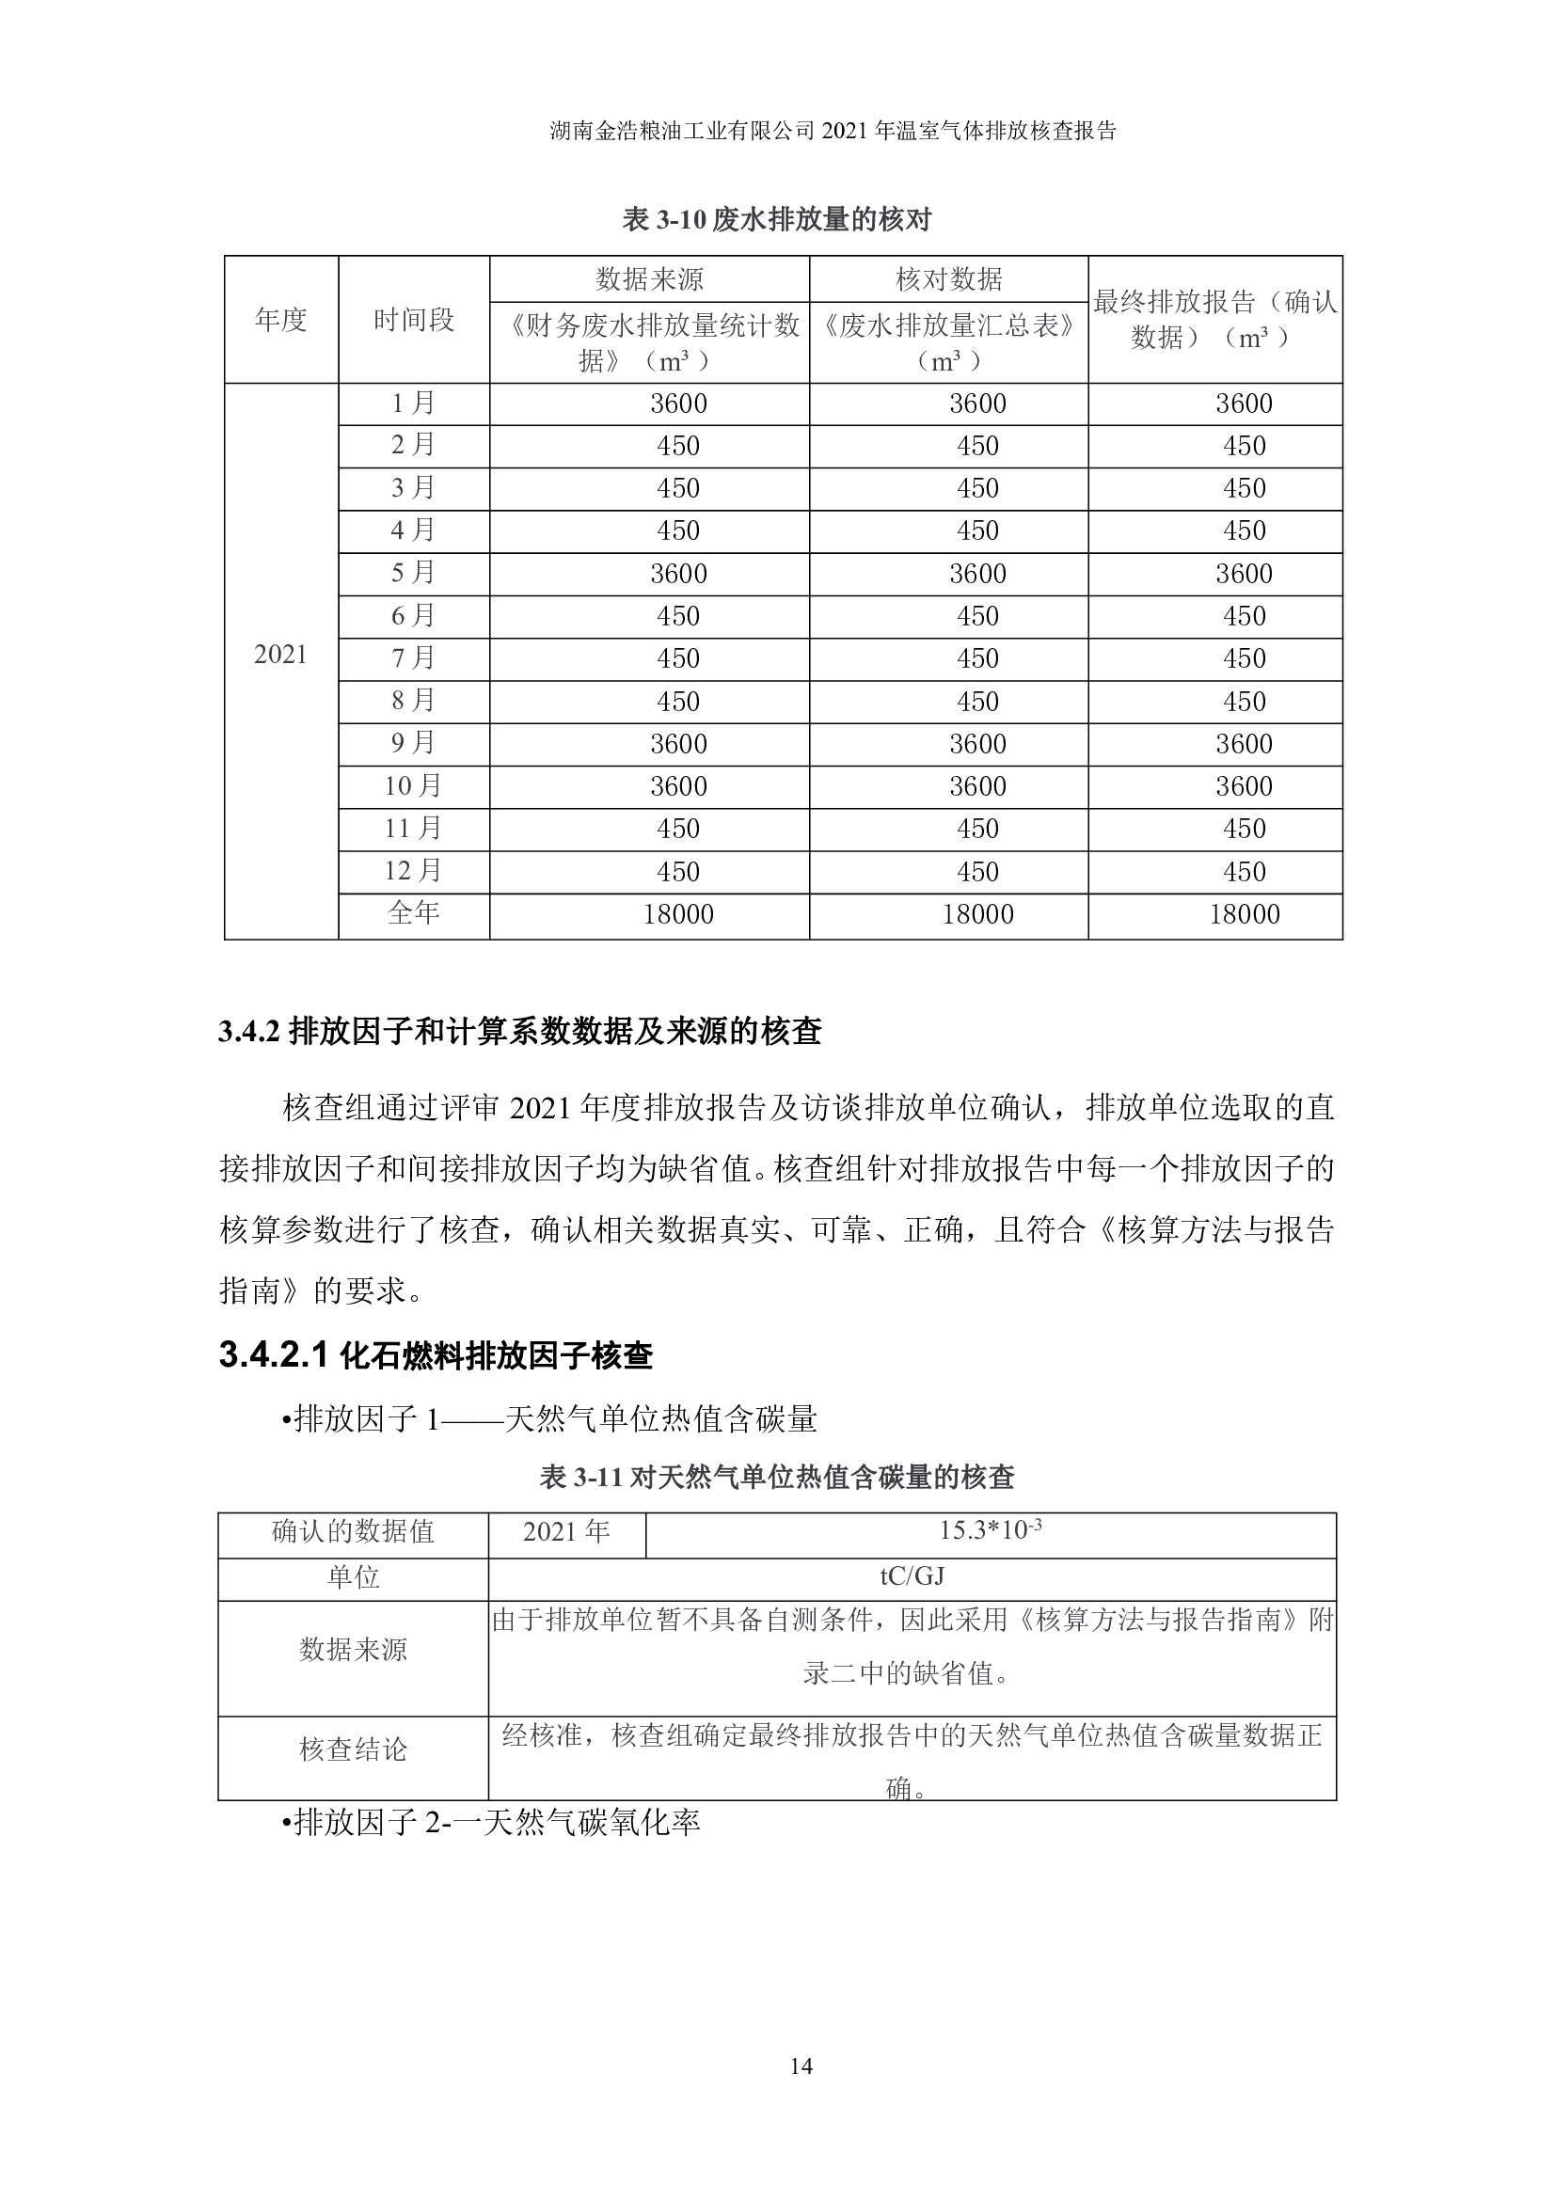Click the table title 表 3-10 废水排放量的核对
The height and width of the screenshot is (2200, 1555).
(x=776, y=220)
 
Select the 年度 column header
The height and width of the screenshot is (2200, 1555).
(x=280, y=320)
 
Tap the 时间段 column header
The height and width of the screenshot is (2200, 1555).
(x=414, y=320)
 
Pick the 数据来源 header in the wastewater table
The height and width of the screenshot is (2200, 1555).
(x=649, y=278)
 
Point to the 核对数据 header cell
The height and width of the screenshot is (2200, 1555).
(x=948, y=278)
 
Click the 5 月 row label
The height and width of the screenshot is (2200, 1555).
(x=414, y=573)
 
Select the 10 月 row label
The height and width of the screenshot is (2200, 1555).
(x=414, y=785)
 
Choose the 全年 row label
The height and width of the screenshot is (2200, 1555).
(x=414, y=913)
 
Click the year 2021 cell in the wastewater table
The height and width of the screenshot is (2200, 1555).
(x=280, y=655)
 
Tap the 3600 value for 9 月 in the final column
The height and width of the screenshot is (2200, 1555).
(x=1244, y=744)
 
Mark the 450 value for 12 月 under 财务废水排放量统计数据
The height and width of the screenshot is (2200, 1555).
(x=678, y=872)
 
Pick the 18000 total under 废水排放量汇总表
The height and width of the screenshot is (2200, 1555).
(x=977, y=914)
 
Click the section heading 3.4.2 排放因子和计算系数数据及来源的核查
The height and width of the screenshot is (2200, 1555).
(x=520, y=1032)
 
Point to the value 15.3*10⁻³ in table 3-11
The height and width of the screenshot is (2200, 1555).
(x=990, y=1530)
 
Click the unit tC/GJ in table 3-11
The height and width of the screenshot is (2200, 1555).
(x=912, y=1576)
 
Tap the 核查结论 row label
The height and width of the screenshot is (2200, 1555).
(x=354, y=1749)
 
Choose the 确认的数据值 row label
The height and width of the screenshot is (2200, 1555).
(x=354, y=1531)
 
